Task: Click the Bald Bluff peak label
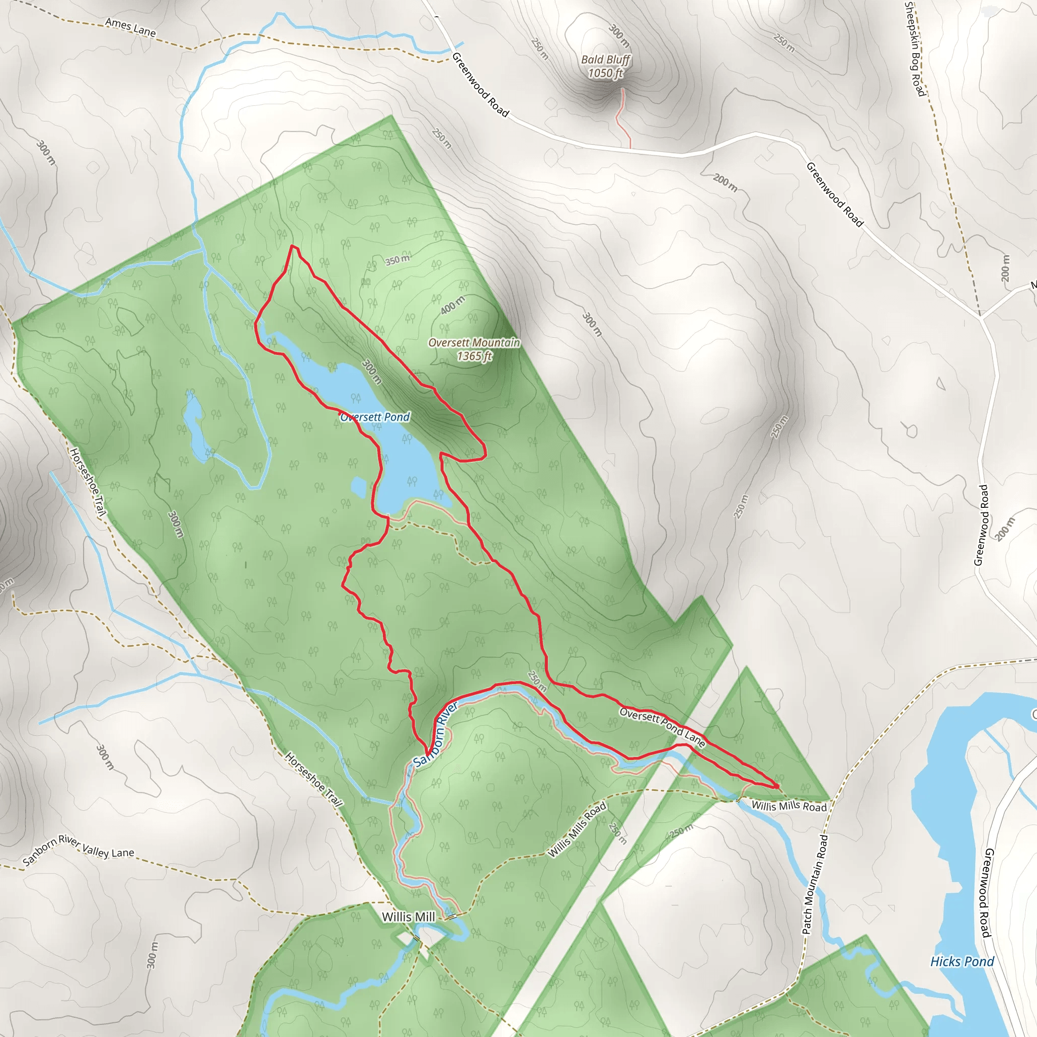point(606,60)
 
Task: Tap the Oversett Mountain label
point(474,342)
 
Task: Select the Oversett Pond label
point(375,417)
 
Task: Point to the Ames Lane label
point(131,27)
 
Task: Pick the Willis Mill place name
point(408,917)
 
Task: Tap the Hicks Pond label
point(962,962)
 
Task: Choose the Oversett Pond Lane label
point(662,727)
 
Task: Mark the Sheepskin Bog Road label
point(914,50)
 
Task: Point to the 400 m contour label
point(453,305)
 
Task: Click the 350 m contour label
point(397,260)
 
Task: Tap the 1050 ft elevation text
point(606,73)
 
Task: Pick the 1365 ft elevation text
point(474,356)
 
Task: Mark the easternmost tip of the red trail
point(778,786)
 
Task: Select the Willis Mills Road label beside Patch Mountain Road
point(788,806)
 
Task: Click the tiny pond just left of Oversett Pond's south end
point(358,487)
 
